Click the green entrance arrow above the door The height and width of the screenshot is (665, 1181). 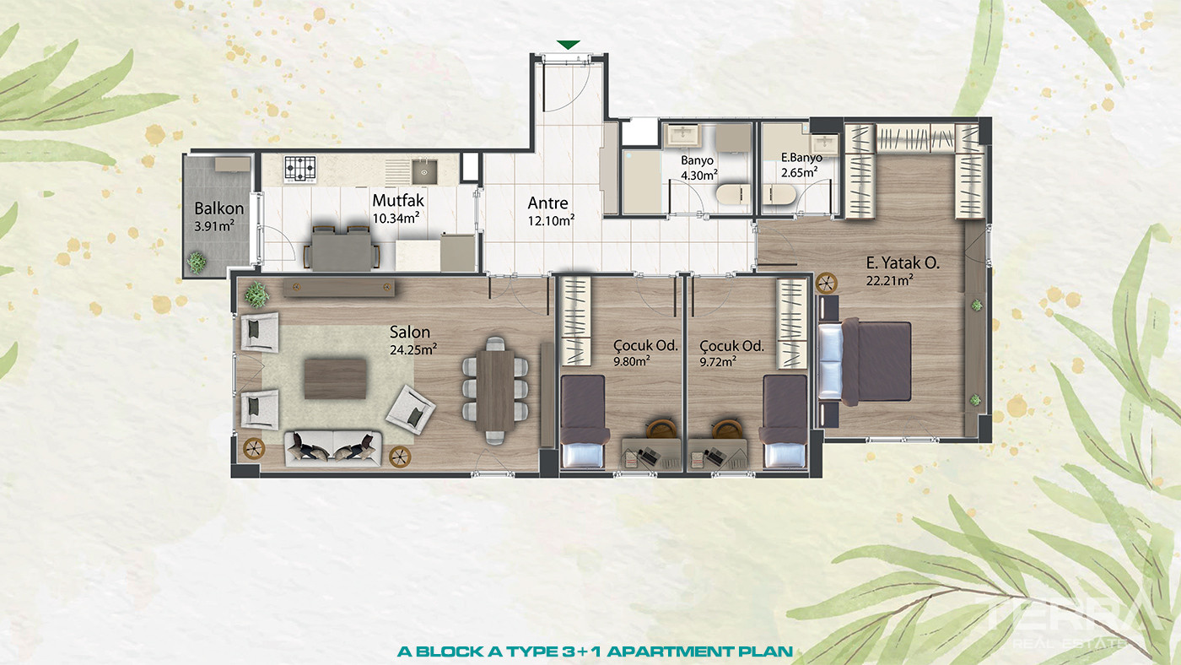click(568, 45)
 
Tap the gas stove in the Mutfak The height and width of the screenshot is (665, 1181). click(300, 169)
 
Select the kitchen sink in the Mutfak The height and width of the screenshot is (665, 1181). click(424, 170)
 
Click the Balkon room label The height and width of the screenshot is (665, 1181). click(218, 208)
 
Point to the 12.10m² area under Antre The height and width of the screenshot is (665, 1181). click(551, 220)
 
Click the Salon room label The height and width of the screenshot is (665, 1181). click(410, 332)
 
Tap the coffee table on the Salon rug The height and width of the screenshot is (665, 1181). click(336, 379)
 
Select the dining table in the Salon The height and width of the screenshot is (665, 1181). click(495, 391)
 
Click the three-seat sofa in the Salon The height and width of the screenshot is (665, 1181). click(333, 449)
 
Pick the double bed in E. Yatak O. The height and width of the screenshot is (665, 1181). click(865, 362)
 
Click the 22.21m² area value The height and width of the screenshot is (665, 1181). click(889, 280)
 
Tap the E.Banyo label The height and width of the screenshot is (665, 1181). click(801, 157)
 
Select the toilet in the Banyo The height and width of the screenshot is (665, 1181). click(733, 194)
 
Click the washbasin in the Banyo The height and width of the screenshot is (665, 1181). click(682, 135)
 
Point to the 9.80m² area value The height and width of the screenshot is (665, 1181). click(631, 361)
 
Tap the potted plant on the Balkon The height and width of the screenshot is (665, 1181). click(197, 262)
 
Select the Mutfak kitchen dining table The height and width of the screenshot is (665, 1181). click(341, 251)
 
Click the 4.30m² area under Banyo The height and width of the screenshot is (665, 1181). click(698, 175)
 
